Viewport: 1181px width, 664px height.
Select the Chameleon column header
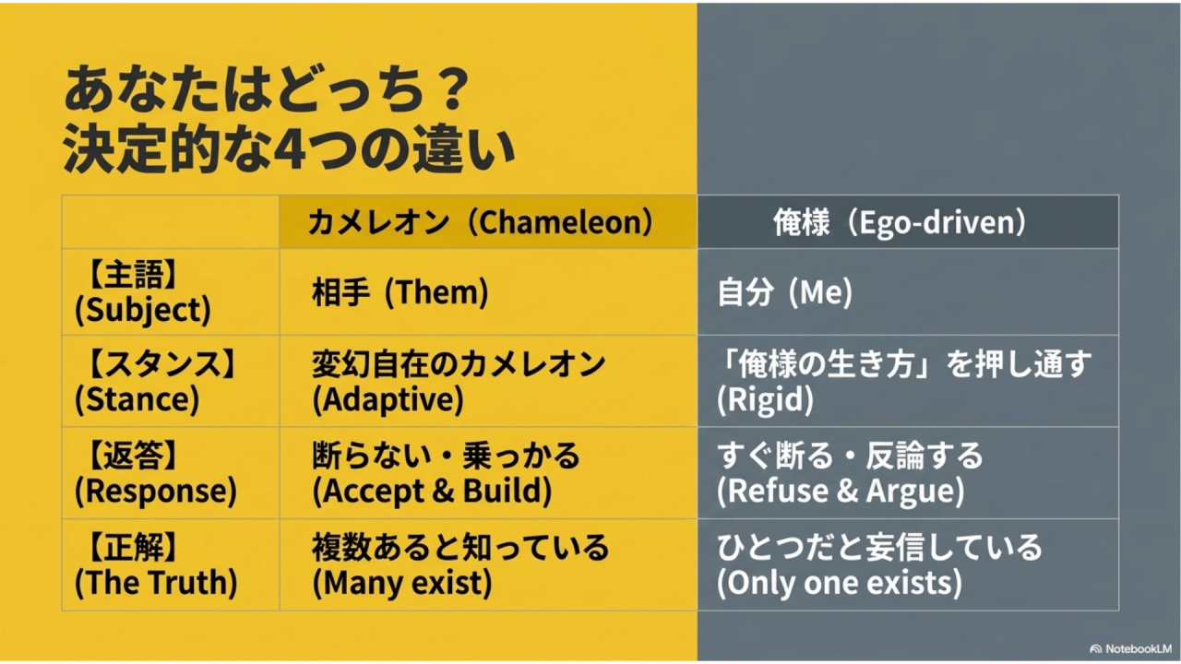(x=481, y=222)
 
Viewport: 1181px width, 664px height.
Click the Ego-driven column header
(x=900, y=222)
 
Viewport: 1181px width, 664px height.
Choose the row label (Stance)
(x=137, y=399)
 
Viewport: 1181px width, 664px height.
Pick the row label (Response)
(x=156, y=491)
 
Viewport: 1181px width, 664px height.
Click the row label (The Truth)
(x=156, y=582)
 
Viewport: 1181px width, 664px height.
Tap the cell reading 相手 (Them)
(x=400, y=292)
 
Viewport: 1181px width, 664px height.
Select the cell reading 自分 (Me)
(x=784, y=292)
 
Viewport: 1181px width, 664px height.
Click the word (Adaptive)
(x=388, y=399)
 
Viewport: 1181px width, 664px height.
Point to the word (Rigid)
(x=765, y=399)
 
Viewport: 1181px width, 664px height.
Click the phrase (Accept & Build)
(x=432, y=491)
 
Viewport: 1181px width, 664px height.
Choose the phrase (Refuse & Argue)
(x=841, y=491)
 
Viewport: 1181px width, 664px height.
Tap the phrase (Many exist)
(x=402, y=582)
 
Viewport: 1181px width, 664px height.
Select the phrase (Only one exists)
(x=840, y=582)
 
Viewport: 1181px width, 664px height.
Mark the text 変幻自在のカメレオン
(x=459, y=364)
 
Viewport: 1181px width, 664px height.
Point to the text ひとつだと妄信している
(x=879, y=547)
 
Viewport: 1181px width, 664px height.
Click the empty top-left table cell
(x=171, y=222)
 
